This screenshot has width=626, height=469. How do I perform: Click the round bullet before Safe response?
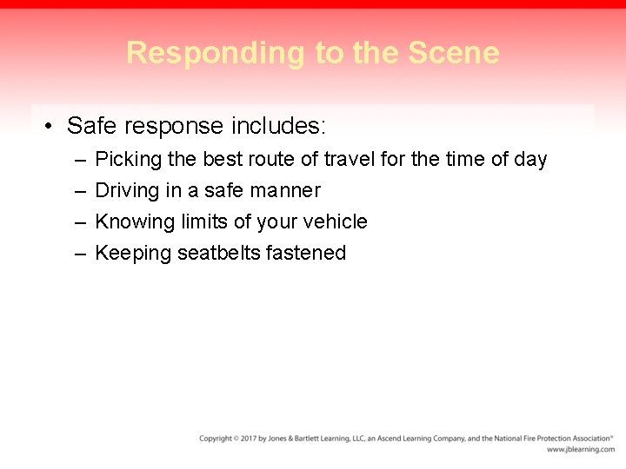(50, 127)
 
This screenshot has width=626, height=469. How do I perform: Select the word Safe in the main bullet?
(92, 127)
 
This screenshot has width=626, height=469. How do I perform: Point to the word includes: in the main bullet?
(278, 127)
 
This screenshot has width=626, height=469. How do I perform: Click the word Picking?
(122, 160)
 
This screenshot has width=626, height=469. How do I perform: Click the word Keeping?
(132, 253)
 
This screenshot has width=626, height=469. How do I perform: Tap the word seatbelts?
(217, 253)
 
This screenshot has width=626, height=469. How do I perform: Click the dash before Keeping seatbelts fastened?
(80, 253)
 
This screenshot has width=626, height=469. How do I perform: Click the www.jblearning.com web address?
(580, 450)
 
